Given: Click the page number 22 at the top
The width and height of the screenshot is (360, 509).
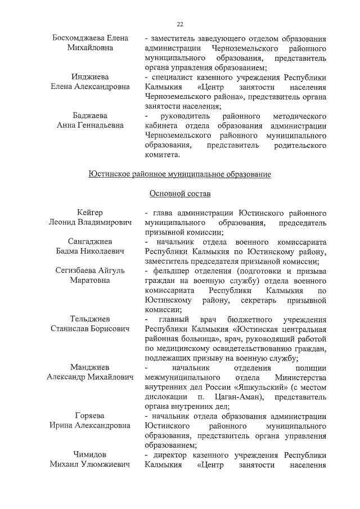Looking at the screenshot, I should coord(180,24).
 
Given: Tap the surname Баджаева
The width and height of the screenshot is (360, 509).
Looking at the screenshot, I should coord(90,115).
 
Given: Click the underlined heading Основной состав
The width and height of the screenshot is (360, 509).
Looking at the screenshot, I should coord(180,194).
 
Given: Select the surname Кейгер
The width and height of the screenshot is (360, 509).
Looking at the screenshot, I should coord(90,213).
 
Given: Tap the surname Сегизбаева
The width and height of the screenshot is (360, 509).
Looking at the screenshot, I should coord(76,271).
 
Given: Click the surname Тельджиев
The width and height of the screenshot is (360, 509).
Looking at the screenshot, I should coord(90,319).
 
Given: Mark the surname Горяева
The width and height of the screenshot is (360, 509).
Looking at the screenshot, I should coord(90,416).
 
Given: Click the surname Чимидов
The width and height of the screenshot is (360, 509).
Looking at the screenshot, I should coord(90,454).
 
